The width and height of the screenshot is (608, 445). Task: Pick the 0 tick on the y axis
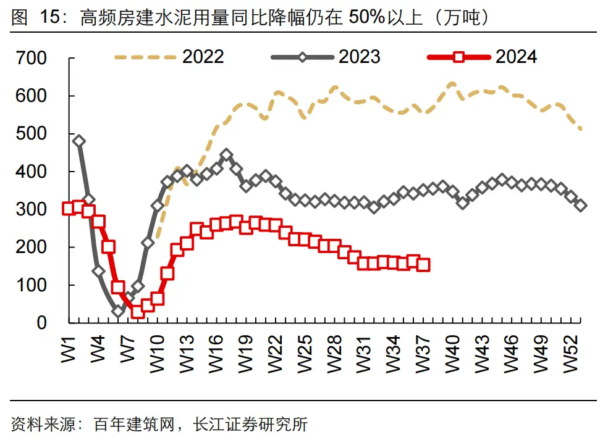pos(42,323)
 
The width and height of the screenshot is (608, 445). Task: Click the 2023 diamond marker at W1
pos(78,141)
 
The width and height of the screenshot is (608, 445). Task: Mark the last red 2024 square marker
pos(423,265)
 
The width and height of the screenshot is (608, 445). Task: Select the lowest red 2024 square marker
pos(137,312)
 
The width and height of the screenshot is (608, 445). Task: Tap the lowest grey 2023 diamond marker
pos(118,312)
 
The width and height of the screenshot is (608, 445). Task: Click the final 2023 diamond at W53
pos(581,206)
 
